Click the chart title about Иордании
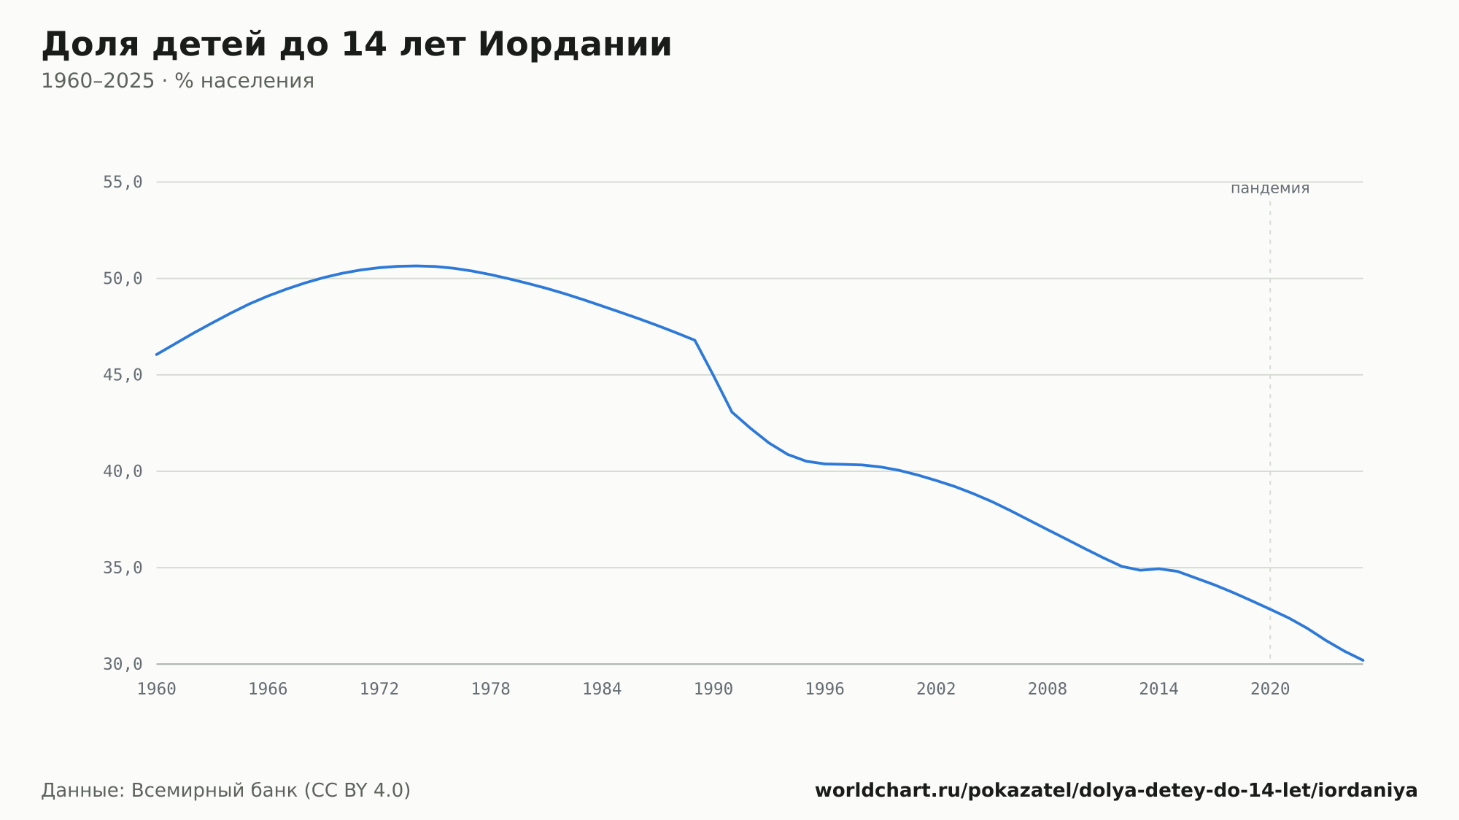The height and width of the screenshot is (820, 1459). [x=357, y=45]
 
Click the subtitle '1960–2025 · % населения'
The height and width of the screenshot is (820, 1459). [x=177, y=81]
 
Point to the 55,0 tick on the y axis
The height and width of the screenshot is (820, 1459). [x=123, y=182]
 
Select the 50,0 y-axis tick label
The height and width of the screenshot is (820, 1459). [x=123, y=279]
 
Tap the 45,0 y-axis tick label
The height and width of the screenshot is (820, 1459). [x=123, y=375]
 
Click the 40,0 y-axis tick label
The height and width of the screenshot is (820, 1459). [x=123, y=471]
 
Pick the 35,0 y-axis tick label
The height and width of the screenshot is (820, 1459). [x=123, y=568]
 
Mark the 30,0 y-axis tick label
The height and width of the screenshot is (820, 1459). [x=123, y=664]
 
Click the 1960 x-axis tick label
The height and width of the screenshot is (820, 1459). [x=157, y=689]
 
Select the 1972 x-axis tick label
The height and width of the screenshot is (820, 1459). [x=379, y=689]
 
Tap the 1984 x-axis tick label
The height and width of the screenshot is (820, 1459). [x=602, y=689]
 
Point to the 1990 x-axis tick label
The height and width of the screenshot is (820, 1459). [x=713, y=689]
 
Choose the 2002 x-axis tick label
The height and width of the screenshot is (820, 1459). [x=936, y=689]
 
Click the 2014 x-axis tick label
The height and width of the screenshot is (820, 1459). [x=1158, y=689]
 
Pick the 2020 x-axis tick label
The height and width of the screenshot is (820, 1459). [x=1270, y=689]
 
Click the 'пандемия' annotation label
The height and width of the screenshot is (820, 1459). [x=1270, y=188]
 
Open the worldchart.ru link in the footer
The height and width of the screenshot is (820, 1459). [x=1116, y=790]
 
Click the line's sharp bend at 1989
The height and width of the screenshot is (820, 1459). [x=694, y=340]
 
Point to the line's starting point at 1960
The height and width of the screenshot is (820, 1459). [x=157, y=355]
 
